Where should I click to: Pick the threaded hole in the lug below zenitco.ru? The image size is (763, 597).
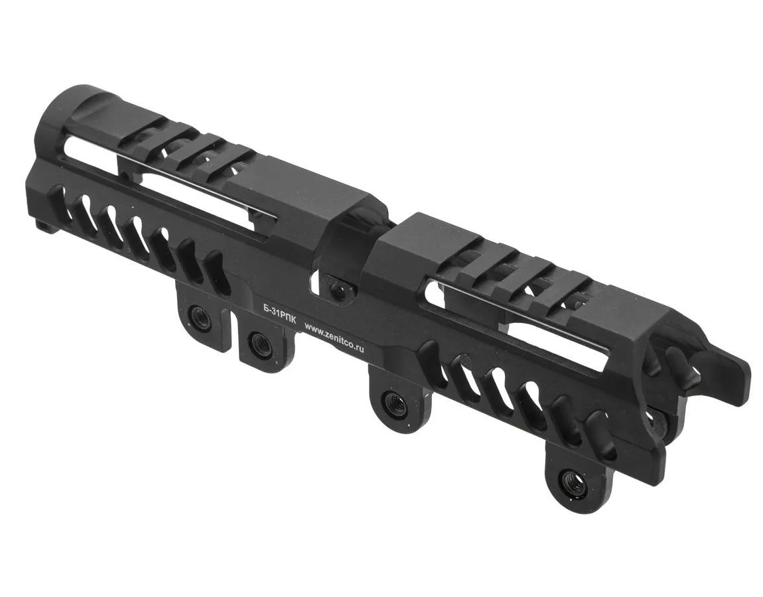(x=391, y=402)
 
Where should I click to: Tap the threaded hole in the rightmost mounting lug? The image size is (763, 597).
(x=567, y=482)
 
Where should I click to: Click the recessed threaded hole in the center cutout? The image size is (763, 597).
(x=336, y=288)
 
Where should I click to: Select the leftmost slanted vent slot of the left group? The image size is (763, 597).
(x=62, y=196)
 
